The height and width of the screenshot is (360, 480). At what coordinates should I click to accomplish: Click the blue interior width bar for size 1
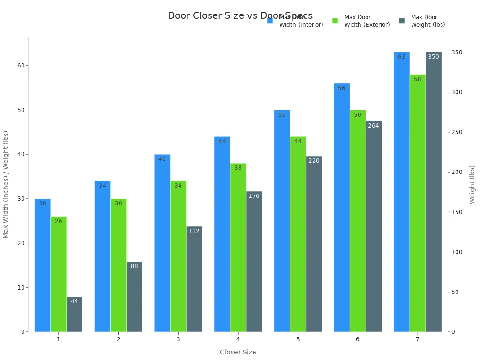point(42,265)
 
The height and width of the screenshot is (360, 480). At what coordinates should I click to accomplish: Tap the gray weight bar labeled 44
point(75,315)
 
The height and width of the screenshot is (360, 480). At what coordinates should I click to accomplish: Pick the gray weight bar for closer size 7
point(434,192)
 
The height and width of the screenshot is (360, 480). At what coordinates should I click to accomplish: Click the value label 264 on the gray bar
point(374,126)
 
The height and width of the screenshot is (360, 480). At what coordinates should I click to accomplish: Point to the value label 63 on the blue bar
point(402,57)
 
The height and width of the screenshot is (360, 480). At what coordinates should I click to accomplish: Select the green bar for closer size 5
point(298,234)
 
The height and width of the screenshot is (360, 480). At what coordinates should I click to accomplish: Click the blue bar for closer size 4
point(222,234)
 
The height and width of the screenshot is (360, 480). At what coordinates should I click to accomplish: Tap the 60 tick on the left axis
point(21,66)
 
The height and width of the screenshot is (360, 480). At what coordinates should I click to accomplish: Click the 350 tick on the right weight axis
point(456,52)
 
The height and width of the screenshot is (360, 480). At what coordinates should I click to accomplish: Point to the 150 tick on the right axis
point(456,212)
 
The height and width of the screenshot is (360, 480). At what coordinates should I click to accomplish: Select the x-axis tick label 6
point(358,339)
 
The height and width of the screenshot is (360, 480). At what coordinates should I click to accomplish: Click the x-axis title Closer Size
point(238,352)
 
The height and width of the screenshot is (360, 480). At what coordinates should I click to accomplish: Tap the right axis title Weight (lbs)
point(472,184)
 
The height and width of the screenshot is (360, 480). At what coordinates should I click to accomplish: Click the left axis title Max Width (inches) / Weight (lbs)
point(6,184)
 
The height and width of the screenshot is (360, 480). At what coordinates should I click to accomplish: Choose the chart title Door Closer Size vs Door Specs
point(240,15)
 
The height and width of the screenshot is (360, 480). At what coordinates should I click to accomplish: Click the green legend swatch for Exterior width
point(335,21)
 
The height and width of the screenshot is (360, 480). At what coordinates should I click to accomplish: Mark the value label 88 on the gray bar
point(135,266)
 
